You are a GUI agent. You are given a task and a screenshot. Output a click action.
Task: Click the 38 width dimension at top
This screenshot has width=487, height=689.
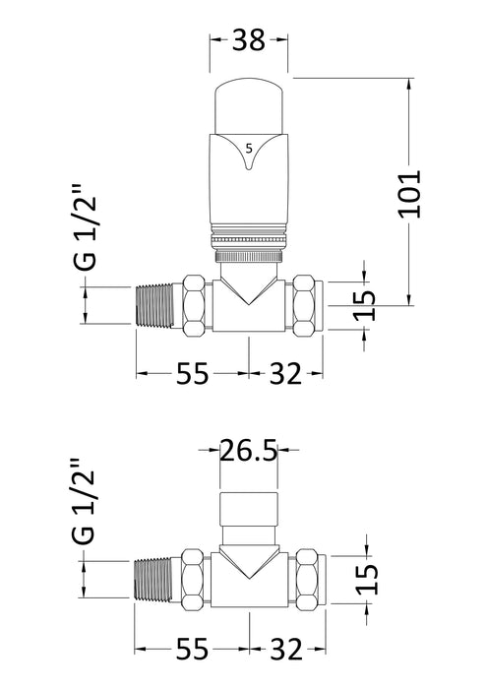pos(249,40)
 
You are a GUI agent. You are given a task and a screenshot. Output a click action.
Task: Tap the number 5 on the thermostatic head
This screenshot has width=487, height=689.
pos(249,148)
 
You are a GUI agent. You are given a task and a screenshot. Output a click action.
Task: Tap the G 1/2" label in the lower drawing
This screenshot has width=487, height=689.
pos(86,503)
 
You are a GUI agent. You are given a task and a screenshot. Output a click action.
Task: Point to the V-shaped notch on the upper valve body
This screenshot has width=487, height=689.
pos(249,291)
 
